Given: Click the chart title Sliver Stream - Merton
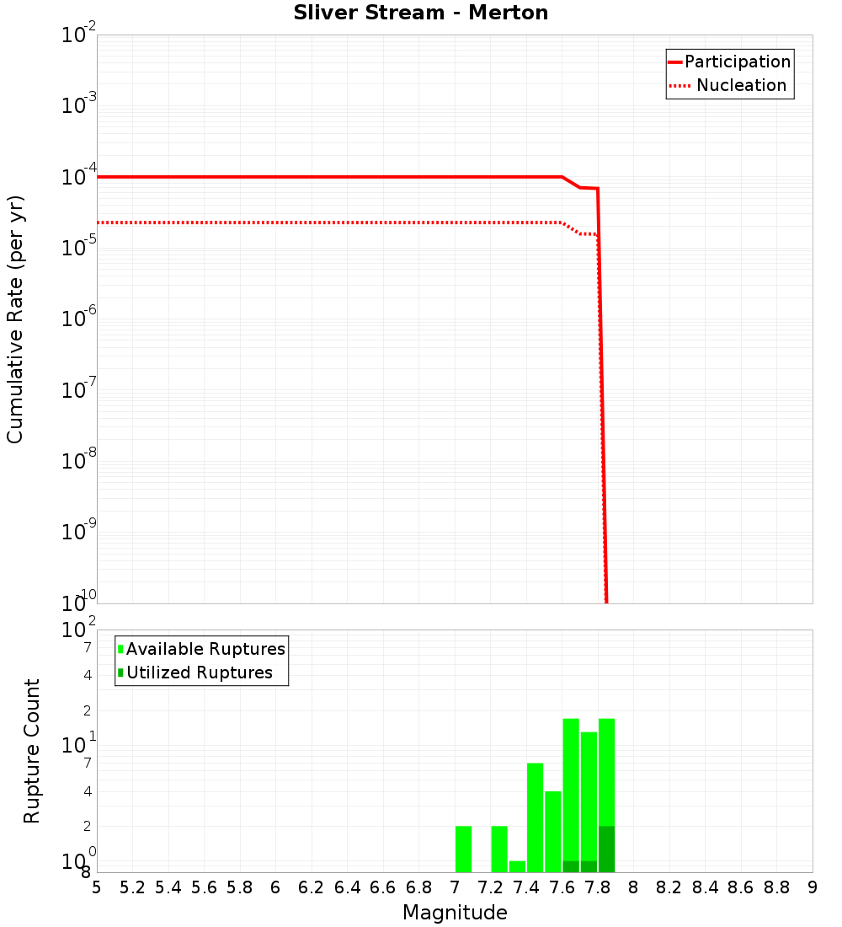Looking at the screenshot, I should coord(421,13).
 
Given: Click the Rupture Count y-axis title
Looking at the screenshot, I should coord(32,751).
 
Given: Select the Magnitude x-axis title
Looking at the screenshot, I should coord(455,913).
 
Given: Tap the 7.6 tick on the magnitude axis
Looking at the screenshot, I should coord(562,887).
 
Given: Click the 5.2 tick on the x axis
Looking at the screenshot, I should coord(132,887).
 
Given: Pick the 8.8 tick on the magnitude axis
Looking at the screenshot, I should coord(776,887).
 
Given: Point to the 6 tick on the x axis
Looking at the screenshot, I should coord(275,887).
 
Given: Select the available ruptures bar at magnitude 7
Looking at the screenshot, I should coord(463,849).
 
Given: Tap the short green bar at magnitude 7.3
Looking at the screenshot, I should coord(517,866).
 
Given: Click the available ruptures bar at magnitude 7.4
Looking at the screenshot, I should coord(535,817).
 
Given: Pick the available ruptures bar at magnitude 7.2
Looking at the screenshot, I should coord(499,849).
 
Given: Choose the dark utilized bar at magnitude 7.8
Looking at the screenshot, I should coord(606,849).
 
